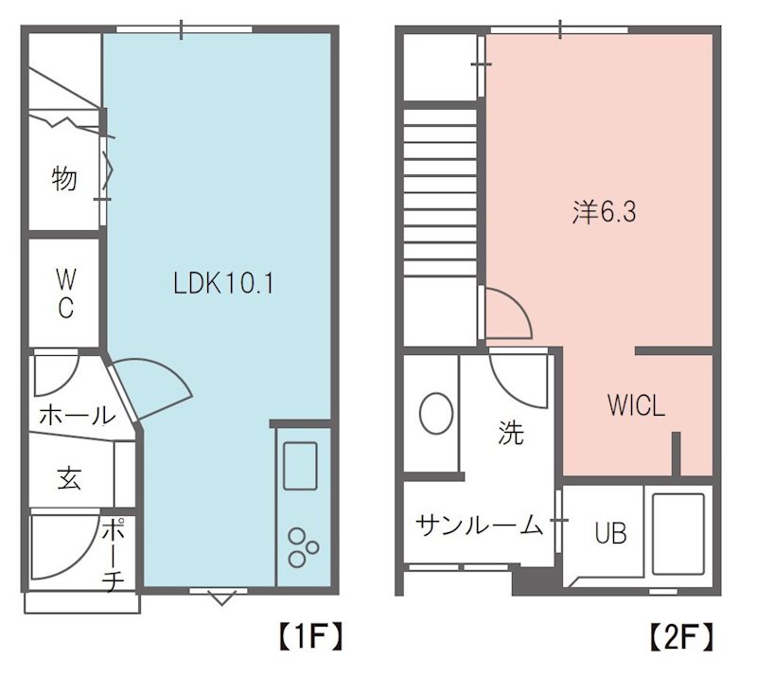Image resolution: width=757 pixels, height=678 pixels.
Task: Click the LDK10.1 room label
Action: (223, 282)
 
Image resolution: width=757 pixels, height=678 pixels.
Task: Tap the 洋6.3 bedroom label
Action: (603, 212)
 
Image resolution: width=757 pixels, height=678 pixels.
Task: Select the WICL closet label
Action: (636, 407)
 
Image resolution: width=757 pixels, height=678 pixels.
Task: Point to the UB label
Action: (610, 534)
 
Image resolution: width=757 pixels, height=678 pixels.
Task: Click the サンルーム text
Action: (479, 524)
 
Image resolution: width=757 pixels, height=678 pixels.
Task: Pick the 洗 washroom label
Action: (510, 434)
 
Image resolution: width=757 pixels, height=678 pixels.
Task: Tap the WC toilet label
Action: (64, 294)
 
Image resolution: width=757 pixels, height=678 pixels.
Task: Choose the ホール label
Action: (76, 415)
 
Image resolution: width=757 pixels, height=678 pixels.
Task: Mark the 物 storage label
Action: (63, 178)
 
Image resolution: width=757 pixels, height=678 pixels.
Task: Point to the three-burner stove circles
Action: (303, 545)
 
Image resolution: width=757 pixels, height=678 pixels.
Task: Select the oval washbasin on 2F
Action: (436, 414)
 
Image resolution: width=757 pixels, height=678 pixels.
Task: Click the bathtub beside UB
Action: (678, 533)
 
